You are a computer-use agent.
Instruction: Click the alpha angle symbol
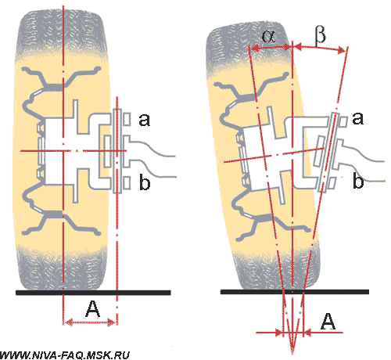coord(268,36)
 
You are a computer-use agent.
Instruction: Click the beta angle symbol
coord(320,35)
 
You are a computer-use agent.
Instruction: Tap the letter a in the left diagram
coord(145,120)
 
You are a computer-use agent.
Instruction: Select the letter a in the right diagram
coord(357,118)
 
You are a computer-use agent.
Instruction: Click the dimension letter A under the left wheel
coord(93,309)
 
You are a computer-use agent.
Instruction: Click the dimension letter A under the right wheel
coord(328,322)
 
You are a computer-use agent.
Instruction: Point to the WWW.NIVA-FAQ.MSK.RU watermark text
coord(65,355)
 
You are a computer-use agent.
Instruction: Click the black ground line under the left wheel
coord(93,293)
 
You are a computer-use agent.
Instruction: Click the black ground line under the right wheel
coord(295,292)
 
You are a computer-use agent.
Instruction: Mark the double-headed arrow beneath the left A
coord(90,322)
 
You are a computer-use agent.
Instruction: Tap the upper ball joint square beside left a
coord(127,119)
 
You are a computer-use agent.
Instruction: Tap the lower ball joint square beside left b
coord(127,183)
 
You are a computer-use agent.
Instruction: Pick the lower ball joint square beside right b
coord(332,183)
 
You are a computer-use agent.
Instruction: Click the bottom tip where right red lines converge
coord(292,354)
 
